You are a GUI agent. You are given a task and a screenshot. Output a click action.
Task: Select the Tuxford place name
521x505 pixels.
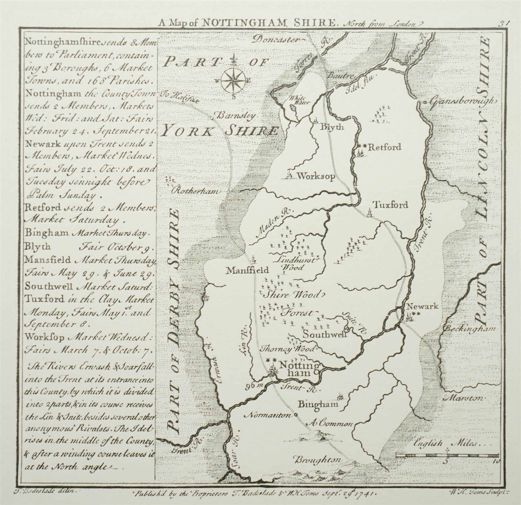click(x=390, y=205)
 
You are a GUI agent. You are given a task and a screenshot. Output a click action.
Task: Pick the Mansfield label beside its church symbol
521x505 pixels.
click(x=248, y=270)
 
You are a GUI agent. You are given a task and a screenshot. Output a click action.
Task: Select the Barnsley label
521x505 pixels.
click(x=237, y=116)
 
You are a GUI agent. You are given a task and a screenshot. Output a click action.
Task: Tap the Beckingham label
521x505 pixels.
click(x=469, y=329)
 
